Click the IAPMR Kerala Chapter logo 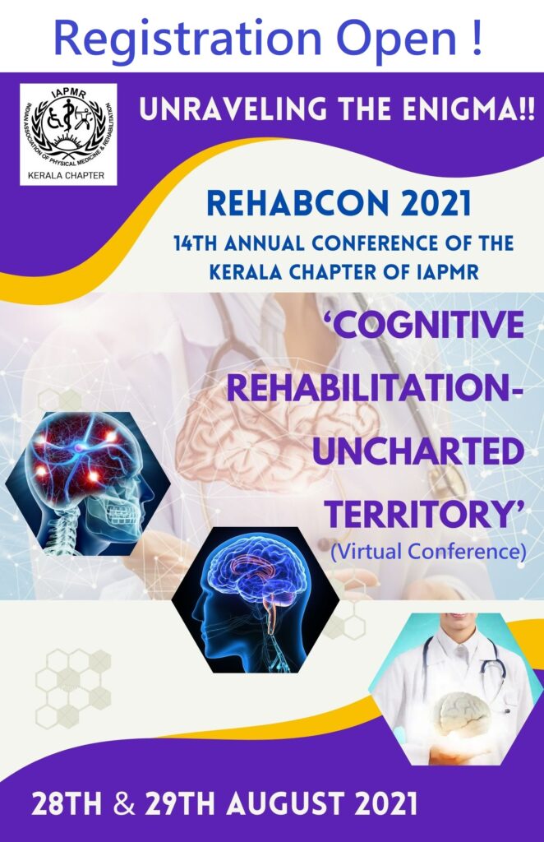tap(68, 134)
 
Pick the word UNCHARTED tap(418, 451)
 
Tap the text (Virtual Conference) tap(428, 552)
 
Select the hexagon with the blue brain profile tap(256, 599)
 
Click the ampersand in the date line tap(124, 805)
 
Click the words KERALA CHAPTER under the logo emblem tap(66, 175)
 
